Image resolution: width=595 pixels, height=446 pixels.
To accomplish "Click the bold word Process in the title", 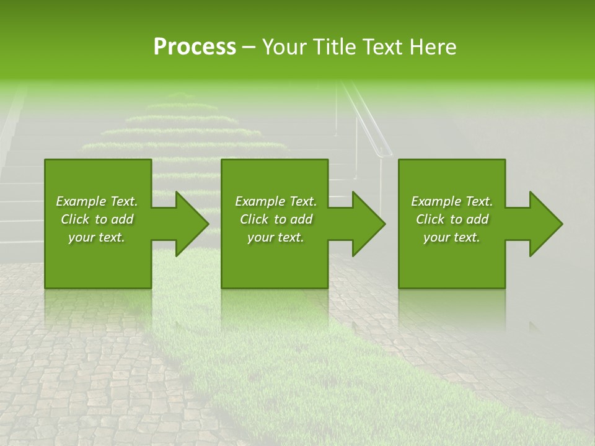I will tap(195, 47).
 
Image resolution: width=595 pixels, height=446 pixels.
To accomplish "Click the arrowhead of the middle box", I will tap(368, 224).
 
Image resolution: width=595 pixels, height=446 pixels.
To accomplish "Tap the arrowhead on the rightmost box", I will tap(545, 224).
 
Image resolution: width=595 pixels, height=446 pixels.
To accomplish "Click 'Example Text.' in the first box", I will tap(97, 201).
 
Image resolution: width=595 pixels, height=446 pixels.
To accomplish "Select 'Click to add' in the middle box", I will tap(276, 219).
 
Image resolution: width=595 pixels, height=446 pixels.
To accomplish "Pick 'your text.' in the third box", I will tap(452, 237).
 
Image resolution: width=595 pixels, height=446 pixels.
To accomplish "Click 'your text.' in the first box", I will tap(97, 237).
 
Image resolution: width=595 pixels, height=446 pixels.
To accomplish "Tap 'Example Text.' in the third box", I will tap(452, 201).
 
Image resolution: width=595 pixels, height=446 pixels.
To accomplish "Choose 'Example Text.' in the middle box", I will tap(276, 201).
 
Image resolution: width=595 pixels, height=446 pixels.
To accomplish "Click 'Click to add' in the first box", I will tap(97, 219).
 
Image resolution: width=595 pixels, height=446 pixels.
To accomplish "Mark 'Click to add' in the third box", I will tap(452, 219).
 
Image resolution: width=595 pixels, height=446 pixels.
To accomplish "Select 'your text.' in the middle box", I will tap(276, 237).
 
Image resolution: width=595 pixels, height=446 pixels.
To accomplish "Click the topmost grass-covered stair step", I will tap(181, 98).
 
